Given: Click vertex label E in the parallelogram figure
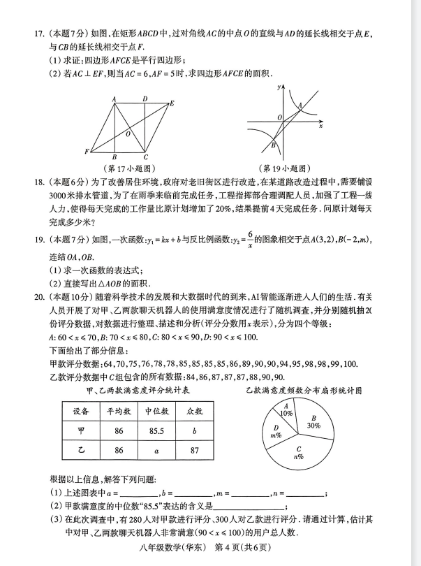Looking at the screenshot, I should pyautogui.click(x=172, y=103).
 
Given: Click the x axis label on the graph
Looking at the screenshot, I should pyautogui.click(x=320, y=128).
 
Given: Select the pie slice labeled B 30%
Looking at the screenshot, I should pyautogui.click(x=312, y=422).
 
